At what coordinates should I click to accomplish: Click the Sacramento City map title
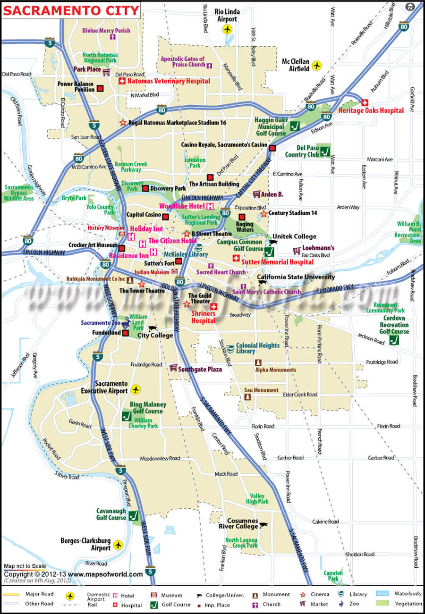[71, 10]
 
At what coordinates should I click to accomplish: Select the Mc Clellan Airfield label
[296, 65]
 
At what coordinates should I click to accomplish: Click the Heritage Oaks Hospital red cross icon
[365, 102]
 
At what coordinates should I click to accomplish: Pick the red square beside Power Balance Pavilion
[101, 88]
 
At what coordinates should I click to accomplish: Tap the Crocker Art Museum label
[93, 245]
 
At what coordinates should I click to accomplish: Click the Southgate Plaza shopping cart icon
[173, 367]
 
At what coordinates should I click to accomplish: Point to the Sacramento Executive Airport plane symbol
[136, 389]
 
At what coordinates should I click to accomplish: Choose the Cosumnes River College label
[238, 523]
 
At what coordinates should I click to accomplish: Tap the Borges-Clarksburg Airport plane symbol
[118, 545]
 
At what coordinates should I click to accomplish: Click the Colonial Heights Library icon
[230, 348]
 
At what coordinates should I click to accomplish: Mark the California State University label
[296, 277]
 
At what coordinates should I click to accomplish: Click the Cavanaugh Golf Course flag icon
[133, 515]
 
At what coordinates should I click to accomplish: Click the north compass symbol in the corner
[410, 7]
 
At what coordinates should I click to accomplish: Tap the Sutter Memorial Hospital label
[277, 261]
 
